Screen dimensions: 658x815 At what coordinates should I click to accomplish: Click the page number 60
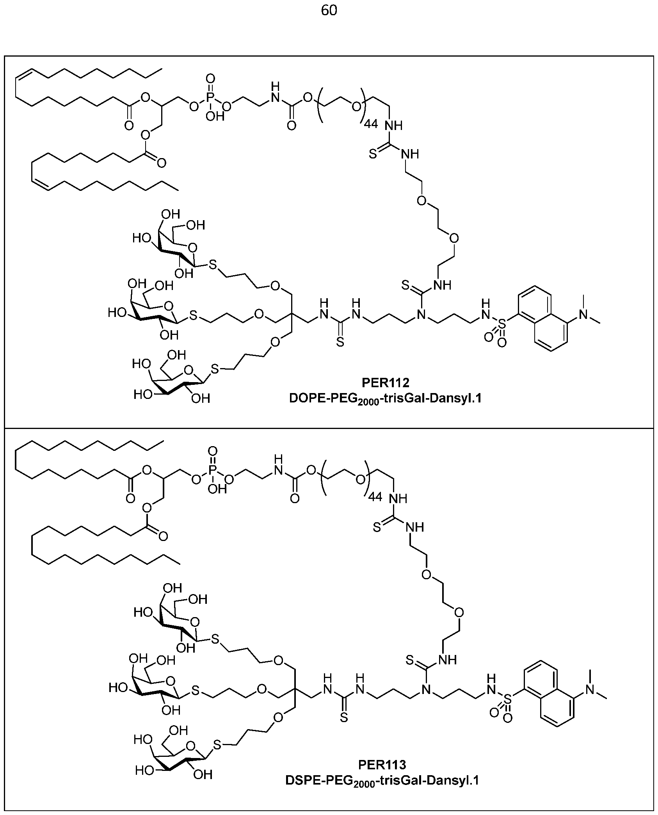[x=329, y=11]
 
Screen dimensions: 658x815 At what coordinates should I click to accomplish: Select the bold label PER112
[x=385, y=382]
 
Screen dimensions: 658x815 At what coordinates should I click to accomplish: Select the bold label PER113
[x=382, y=763]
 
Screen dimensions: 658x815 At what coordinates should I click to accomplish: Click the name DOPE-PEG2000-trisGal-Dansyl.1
[x=385, y=399]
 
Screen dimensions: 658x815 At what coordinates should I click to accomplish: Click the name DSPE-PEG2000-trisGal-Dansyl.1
[x=382, y=780]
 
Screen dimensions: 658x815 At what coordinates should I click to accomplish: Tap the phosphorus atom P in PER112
[x=210, y=97]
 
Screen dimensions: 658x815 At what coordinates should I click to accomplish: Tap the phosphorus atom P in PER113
[x=213, y=470]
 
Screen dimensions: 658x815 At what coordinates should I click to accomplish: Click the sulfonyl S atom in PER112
[x=502, y=323]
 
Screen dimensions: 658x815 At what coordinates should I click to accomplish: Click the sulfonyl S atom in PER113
[x=507, y=697]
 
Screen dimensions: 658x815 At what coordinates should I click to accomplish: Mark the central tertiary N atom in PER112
[x=420, y=315]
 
